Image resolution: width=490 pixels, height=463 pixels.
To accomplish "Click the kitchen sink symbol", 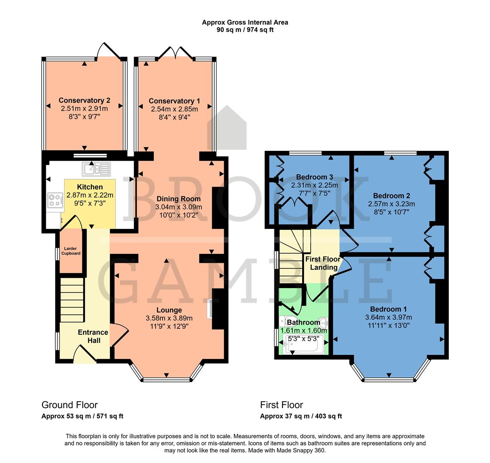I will (98, 169).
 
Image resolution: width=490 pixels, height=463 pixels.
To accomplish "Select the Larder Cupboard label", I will (72, 251).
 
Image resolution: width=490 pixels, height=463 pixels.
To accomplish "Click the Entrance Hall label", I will (93, 336).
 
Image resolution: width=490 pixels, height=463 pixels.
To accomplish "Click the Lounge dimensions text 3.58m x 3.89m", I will (169, 318).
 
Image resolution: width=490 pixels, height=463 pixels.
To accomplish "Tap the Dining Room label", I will (178, 199).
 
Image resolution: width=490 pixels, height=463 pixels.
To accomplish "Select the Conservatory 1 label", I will (174, 101).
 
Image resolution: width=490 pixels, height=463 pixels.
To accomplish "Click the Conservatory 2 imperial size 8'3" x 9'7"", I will (84, 116).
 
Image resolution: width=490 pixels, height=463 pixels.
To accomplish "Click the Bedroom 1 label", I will (388, 309).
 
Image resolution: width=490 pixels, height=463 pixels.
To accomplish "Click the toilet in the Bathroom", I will (285, 322).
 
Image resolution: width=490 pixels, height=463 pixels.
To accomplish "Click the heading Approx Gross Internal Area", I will (245, 22).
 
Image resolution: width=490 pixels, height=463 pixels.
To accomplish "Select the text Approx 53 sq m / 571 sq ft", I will (82, 416).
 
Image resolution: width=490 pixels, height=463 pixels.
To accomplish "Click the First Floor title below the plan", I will (281, 405).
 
